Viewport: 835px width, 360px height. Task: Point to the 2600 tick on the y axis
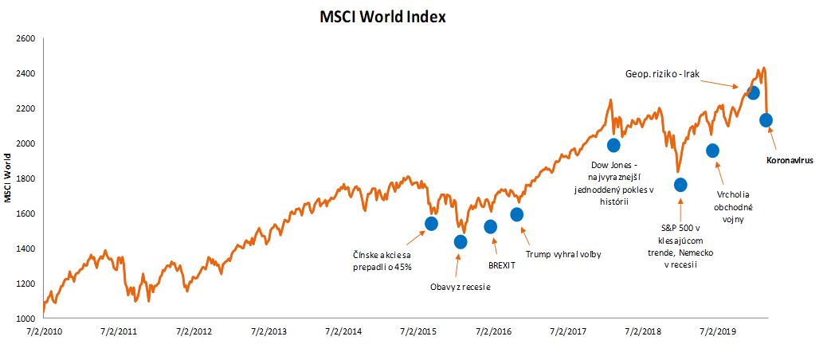coord(25,38)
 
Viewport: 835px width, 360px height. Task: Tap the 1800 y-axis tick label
coord(25,178)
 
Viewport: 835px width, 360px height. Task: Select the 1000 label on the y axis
coord(25,319)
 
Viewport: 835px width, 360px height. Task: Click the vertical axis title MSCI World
coord(8,178)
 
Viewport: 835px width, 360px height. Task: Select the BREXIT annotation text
coord(503,264)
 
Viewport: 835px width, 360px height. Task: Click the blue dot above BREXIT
coord(491,227)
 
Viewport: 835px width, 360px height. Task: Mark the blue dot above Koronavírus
coord(766,120)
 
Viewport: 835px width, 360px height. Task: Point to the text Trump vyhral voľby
coord(563,255)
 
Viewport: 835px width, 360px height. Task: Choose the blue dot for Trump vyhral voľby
coord(516,214)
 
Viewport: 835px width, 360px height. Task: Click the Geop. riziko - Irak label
coord(663,74)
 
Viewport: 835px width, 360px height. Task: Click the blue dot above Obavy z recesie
coord(460,242)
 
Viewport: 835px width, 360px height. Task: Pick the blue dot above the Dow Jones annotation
coord(614,145)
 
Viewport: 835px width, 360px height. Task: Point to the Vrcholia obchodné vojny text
coord(734,207)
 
